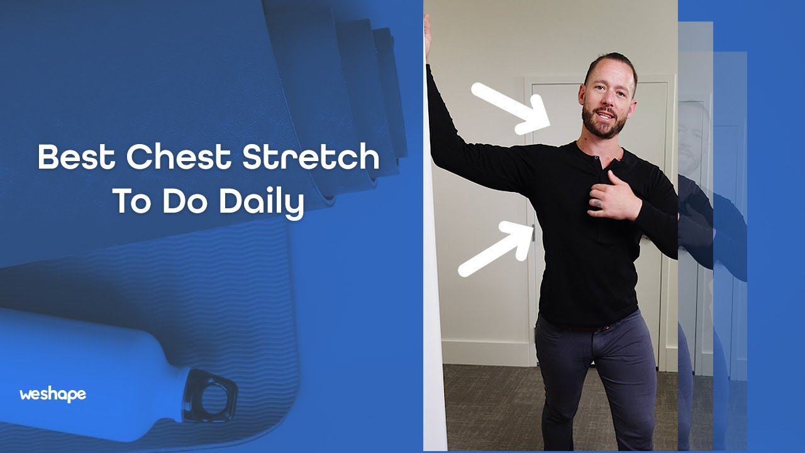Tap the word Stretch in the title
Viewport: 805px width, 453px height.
pos(311,158)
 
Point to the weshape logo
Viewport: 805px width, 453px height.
pos(53,395)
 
